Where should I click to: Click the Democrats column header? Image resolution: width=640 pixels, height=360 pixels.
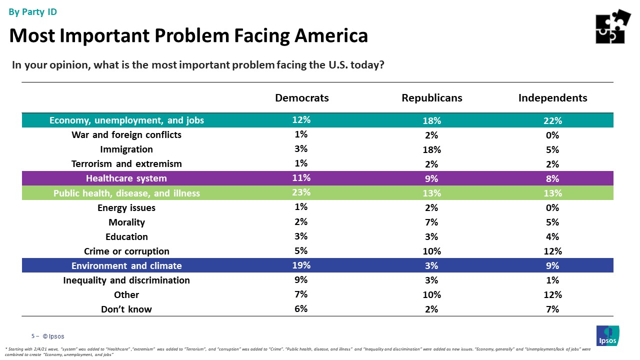point(302,98)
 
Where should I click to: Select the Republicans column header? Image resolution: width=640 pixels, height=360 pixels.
point(432,98)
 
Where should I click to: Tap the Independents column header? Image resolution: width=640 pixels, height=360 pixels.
point(552,98)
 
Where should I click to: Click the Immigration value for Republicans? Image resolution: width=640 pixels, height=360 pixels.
point(432,149)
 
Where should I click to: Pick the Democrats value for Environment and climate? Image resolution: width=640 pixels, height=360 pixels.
point(301,265)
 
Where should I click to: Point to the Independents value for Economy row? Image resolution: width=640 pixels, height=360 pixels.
point(552,120)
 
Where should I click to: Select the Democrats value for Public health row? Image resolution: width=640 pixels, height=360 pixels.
point(301,192)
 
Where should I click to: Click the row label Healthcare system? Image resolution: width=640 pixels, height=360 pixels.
point(126,178)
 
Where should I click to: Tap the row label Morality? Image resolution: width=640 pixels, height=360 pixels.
point(126,222)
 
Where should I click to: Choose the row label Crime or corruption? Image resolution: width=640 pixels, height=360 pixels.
point(126,251)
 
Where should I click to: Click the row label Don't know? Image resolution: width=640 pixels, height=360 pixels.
point(126,309)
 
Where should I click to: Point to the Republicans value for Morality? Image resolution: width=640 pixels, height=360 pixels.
point(432,222)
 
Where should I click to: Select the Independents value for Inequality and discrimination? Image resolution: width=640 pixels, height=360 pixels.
point(552,280)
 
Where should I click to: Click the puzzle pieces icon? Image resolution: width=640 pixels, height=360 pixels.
point(613,26)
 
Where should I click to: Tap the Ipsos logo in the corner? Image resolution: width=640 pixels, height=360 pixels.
point(607,335)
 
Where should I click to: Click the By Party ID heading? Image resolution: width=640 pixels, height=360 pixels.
point(33,12)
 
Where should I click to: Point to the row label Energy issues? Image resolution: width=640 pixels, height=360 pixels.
point(126,207)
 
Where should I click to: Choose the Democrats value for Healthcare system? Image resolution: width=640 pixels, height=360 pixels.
point(301,178)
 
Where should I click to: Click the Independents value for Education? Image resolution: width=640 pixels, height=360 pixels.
point(552,236)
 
